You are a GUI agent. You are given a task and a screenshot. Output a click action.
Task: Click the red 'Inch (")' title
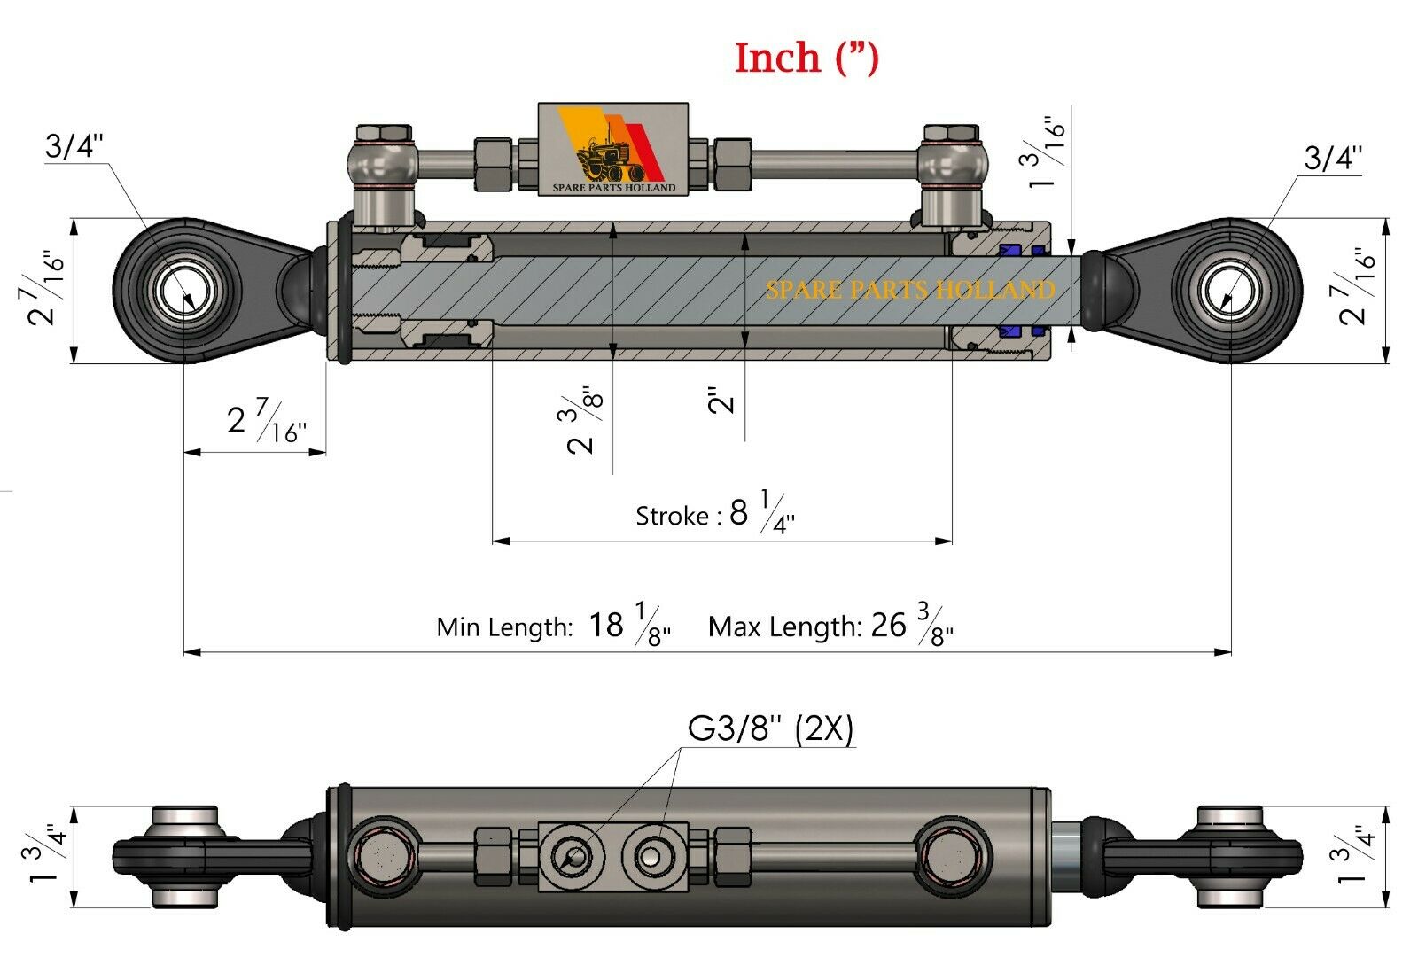point(806,58)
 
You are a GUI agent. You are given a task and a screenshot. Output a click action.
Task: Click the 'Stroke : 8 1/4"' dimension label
point(714,514)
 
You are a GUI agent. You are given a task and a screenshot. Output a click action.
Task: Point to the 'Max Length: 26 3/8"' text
point(830,626)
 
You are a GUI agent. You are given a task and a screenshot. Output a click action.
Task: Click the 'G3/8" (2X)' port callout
point(770,729)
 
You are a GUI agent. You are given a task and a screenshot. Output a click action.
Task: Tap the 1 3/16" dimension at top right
point(1047,155)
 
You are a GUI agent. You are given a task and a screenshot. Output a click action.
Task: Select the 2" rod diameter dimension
point(722,401)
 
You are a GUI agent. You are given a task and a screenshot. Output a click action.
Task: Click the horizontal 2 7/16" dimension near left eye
point(266,420)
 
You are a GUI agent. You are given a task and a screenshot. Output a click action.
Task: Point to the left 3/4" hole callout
point(74,146)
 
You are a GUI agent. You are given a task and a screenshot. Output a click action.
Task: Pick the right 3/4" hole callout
point(1332,158)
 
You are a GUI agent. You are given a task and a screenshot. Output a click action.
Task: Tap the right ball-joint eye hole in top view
point(1230,291)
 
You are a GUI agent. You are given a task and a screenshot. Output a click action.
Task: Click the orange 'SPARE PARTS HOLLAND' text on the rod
point(910,290)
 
